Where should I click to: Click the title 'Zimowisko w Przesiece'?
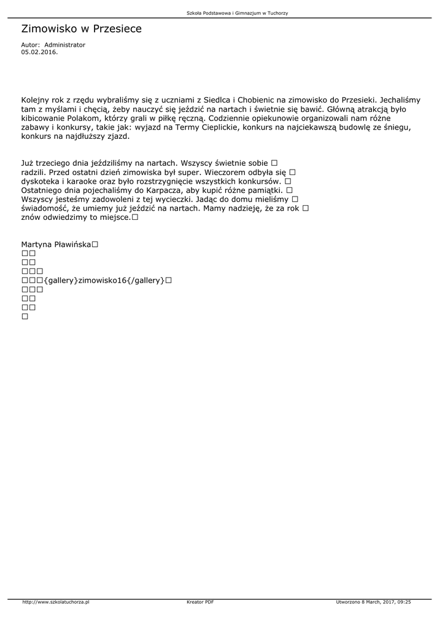[x=81, y=29]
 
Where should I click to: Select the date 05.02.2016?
[x=39, y=52]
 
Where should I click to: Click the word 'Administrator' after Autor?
[x=65, y=45]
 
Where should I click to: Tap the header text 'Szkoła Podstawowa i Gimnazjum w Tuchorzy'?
[x=237, y=13]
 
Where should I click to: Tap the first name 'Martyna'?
[x=35, y=244]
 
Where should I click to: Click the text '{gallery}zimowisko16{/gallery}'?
[x=104, y=281]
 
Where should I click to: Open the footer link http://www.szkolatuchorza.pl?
[x=56, y=603]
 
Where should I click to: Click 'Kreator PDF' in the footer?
[x=200, y=603]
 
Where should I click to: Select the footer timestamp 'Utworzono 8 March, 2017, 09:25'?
[x=373, y=603]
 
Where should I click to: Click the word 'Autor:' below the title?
[x=31, y=45]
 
